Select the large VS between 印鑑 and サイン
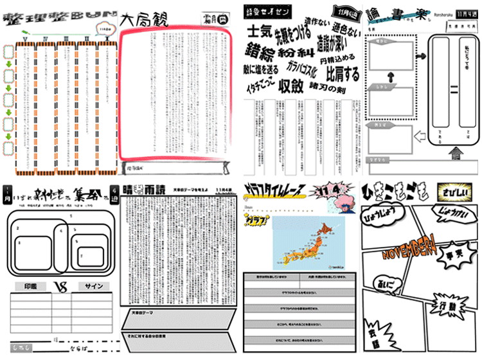pyautogui.click(x=60, y=287)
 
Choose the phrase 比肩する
pyautogui.click(x=343, y=71)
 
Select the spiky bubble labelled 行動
pyautogui.click(x=445, y=307)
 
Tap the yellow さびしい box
pyautogui.click(x=454, y=191)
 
